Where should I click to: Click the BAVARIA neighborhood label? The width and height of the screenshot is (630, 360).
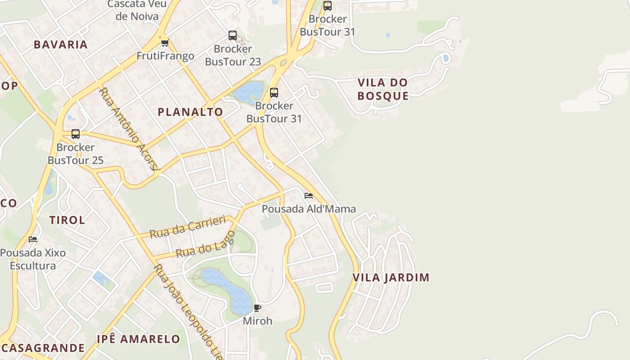[x=60, y=45]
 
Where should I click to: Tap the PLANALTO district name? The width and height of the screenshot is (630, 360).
[x=190, y=112]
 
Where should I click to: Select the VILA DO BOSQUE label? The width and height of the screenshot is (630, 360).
[x=383, y=89]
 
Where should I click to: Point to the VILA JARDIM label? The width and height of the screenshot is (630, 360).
[x=391, y=277]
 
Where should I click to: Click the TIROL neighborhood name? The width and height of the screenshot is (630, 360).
[x=67, y=220]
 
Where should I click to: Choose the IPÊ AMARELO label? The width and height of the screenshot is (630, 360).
[x=139, y=339]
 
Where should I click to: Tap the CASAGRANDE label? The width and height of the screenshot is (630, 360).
[x=43, y=348]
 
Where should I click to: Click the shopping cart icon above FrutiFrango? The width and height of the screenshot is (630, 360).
[x=165, y=43]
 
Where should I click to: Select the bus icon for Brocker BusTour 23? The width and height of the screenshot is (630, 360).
[x=233, y=36]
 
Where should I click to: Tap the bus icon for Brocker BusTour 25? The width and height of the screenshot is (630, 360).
[x=76, y=134]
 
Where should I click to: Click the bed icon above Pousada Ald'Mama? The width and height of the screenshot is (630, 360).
[x=309, y=196]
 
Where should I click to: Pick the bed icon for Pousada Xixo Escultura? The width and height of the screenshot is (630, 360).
[x=33, y=239]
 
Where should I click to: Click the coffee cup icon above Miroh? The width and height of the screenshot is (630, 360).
[x=257, y=308]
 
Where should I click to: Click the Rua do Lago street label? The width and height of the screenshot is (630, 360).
[x=205, y=245]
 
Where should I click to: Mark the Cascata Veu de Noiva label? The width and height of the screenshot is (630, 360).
[x=137, y=10]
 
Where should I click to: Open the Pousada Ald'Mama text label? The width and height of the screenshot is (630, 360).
[x=309, y=209]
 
